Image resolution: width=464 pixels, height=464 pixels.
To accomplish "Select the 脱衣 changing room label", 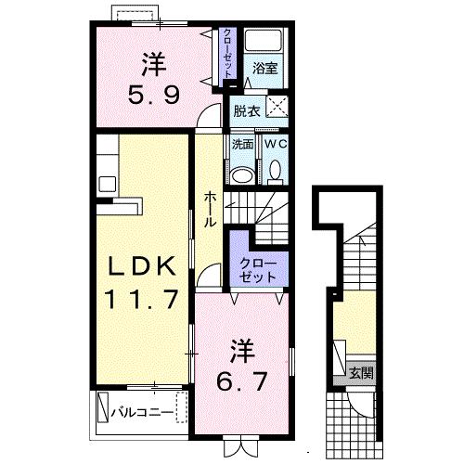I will click(x=246, y=110).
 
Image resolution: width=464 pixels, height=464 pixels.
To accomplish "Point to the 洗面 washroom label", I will click(x=242, y=144).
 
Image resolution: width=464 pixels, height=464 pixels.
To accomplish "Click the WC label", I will click(x=276, y=144).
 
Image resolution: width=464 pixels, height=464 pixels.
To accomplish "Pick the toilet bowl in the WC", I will click(x=276, y=171).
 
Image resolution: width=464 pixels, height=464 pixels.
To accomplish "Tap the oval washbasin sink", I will click(x=242, y=174).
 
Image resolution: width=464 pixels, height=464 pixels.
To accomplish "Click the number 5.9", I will click(x=155, y=93).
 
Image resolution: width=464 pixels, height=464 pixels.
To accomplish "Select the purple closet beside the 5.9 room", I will click(x=227, y=56).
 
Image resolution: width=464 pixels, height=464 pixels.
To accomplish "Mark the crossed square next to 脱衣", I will click(x=276, y=107).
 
